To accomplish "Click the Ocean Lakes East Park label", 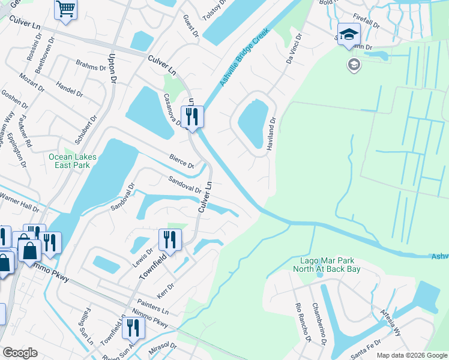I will (72, 161).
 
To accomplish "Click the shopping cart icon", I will (65, 10).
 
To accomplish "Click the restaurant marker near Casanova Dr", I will (192, 116).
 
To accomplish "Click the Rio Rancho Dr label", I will (302, 322).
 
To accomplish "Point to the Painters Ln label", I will (153, 307).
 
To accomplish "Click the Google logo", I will (20, 353).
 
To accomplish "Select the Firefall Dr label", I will (367, 23).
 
